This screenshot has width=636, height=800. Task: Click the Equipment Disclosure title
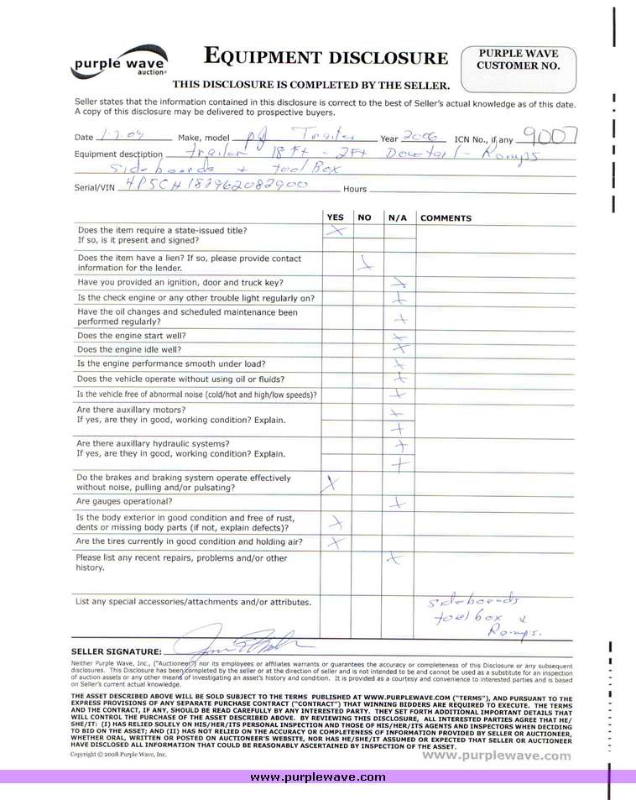(x=326, y=57)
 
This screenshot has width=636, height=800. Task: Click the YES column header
(x=335, y=217)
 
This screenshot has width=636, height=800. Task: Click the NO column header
(x=364, y=217)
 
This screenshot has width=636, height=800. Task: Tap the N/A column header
(x=398, y=217)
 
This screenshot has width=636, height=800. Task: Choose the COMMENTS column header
(x=446, y=218)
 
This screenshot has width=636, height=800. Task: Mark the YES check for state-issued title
(x=336, y=230)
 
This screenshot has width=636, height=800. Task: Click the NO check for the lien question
(x=365, y=263)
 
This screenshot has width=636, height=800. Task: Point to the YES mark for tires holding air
(x=336, y=542)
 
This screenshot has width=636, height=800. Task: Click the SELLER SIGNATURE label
(x=117, y=651)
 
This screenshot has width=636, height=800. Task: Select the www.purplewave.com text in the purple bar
(x=318, y=776)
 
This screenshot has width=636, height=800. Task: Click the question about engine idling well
(x=128, y=349)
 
